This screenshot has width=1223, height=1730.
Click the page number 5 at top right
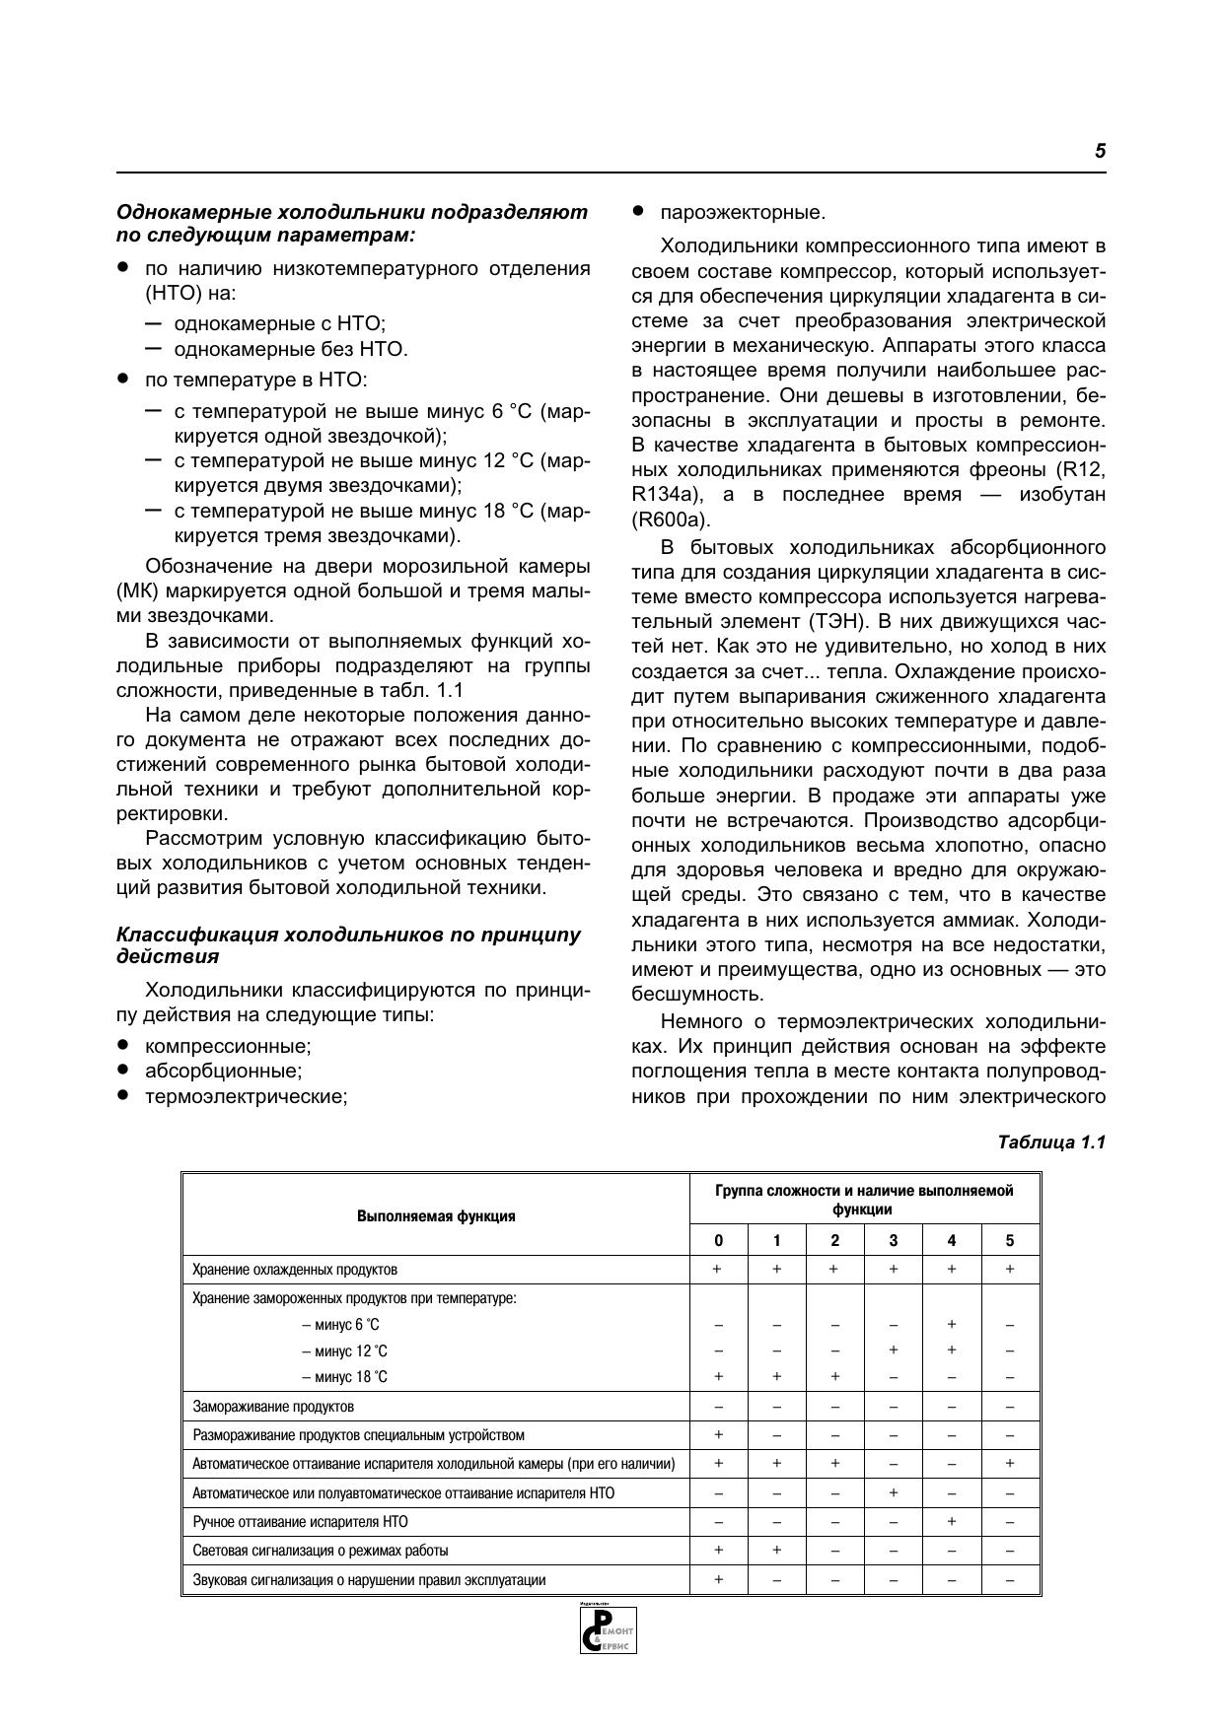(1100, 152)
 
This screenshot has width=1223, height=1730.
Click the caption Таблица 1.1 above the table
(1051, 1142)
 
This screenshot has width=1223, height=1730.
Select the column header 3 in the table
(894, 1240)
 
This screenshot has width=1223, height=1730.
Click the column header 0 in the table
(718, 1240)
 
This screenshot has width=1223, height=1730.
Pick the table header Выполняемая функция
(436, 1215)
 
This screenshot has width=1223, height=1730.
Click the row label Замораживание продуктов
(273, 1407)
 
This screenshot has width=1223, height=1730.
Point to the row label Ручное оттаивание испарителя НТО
(300, 1522)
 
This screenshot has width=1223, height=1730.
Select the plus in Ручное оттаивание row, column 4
(952, 1521)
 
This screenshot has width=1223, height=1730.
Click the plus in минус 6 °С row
(952, 1325)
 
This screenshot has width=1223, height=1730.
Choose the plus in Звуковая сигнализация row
(718, 1579)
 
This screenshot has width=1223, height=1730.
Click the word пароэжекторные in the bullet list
(742, 213)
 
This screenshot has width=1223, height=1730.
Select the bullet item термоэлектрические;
(246, 1096)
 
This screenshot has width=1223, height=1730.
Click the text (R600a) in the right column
(671, 519)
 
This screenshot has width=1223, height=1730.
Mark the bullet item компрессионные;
(227, 1046)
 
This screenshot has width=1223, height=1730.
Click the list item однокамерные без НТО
(290, 349)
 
